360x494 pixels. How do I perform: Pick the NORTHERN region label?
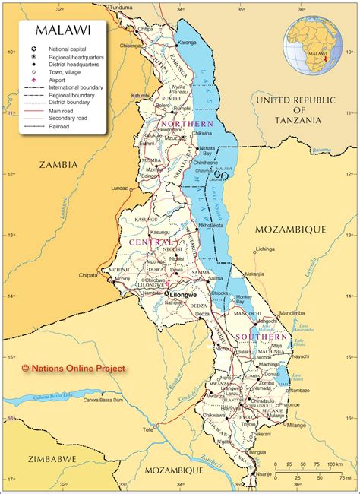click(187, 123)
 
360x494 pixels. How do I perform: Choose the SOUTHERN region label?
click(261, 337)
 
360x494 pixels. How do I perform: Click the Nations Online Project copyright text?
click(73, 368)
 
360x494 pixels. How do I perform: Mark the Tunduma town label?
click(121, 7)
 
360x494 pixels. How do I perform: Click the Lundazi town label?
click(121, 187)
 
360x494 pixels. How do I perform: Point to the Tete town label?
click(148, 429)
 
